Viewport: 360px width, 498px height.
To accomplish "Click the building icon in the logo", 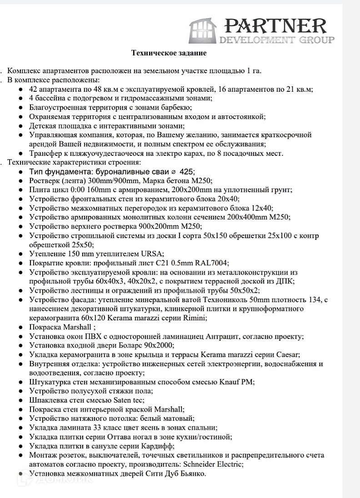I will click(x=202, y=30).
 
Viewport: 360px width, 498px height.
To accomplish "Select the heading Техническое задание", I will click(x=169, y=53).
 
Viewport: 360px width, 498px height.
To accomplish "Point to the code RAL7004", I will click(x=212, y=263).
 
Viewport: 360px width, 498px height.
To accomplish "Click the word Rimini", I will click(x=195, y=318).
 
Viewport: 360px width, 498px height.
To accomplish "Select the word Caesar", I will click(x=287, y=354).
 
